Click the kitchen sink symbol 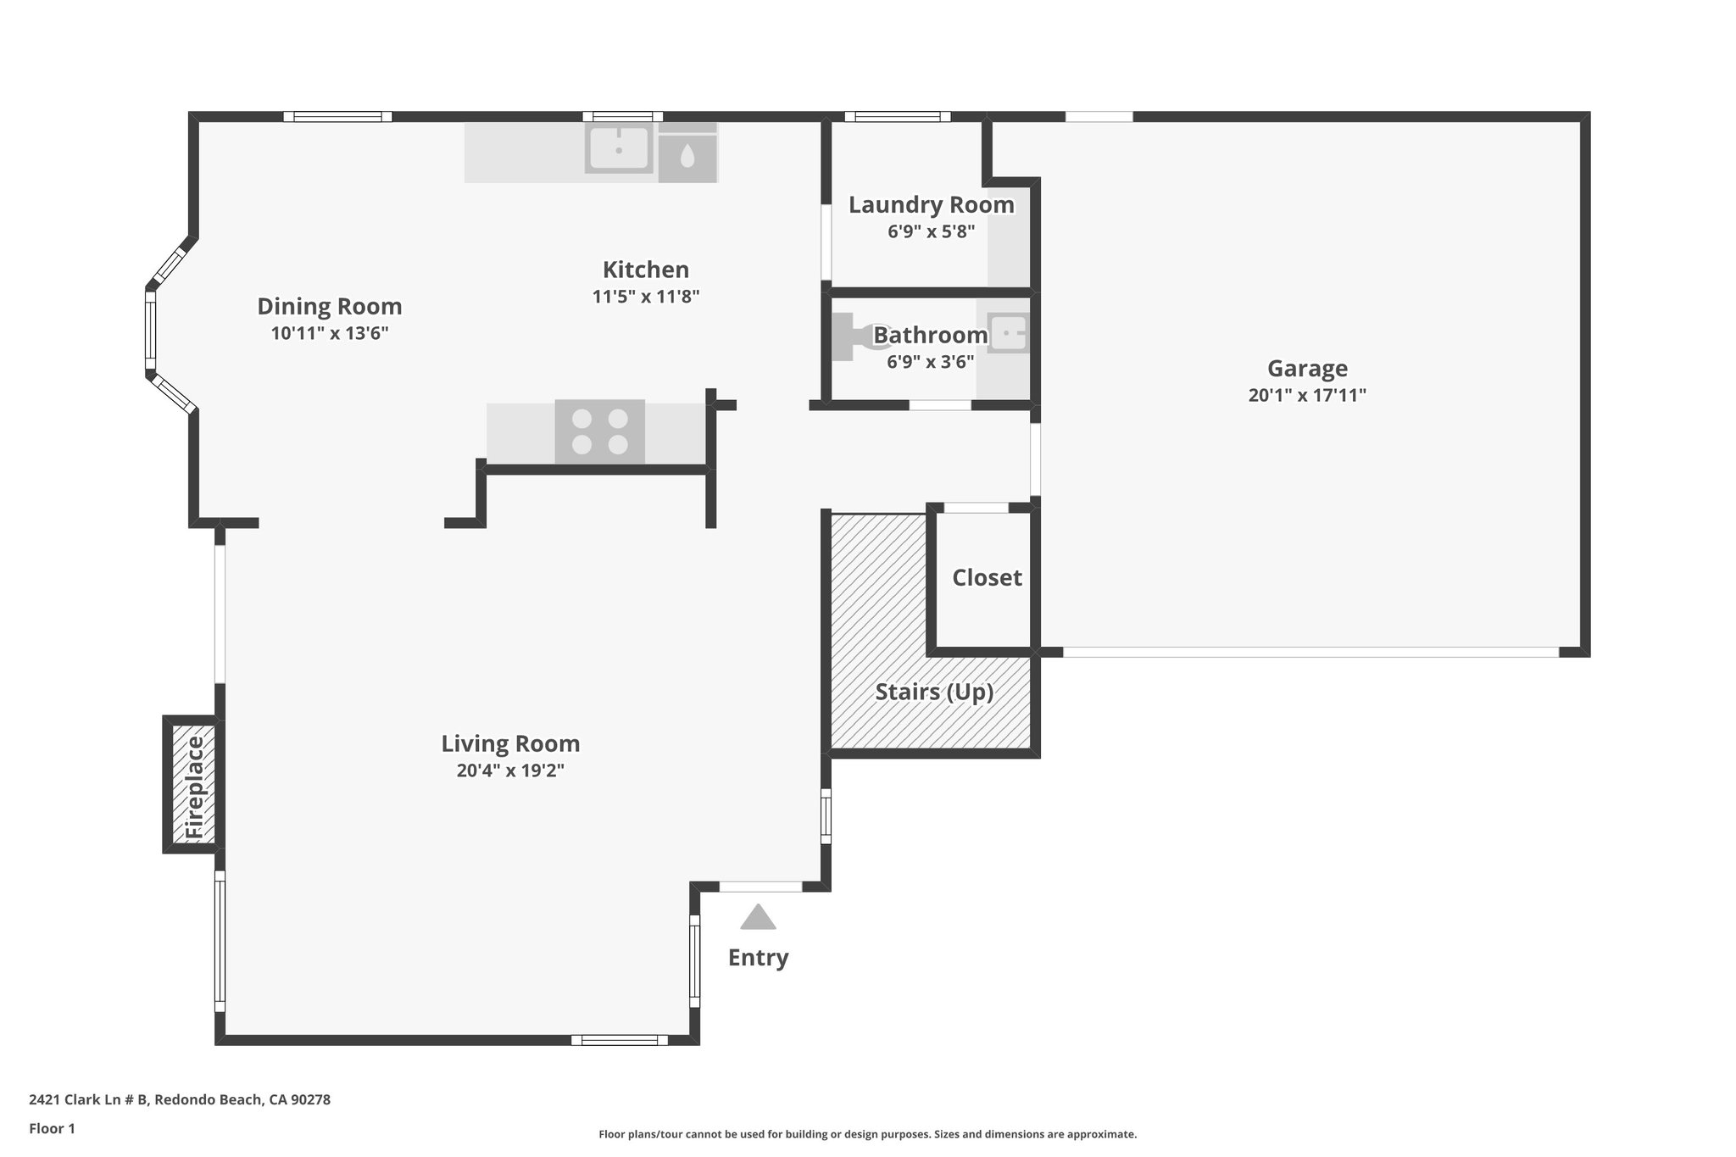(619, 149)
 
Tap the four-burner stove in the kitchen (600, 431)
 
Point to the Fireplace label (194, 787)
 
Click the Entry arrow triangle (758, 918)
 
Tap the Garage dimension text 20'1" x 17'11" (1307, 395)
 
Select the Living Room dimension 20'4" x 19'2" (510, 770)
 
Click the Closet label (987, 578)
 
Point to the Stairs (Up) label (934, 693)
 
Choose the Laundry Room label (931, 205)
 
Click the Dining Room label (329, 306)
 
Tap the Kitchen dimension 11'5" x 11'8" (645, 297)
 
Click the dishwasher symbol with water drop (687, 155)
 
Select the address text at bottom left (180, 1099)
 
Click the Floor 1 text (53, 1128)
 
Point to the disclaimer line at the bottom (867, 1134)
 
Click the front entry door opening (760, 887)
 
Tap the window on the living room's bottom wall (619, 1040)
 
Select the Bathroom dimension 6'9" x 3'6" (930, 362)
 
